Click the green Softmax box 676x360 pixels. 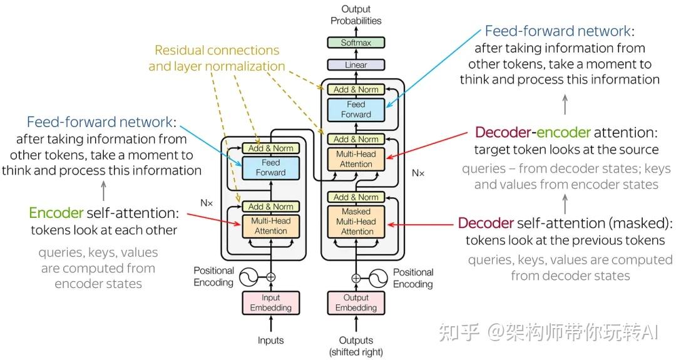click(356, 43)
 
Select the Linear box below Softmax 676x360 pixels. click(356, 64)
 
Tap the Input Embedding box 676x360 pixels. click(270, 302)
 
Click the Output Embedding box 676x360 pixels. click(356, 302)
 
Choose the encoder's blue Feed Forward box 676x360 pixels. click(270, 167)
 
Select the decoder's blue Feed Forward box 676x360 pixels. click(356, 110)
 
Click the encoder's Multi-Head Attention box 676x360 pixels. click(270, 226)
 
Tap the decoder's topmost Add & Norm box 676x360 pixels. click(356, 90)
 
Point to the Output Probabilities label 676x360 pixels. click(356, 15)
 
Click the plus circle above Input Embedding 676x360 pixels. click(270, 276)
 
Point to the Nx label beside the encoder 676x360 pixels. click(207, 203)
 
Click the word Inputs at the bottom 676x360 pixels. click(270, 341)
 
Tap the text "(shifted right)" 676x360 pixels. click(356, 352)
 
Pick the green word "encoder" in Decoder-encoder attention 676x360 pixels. click(560, 133)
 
